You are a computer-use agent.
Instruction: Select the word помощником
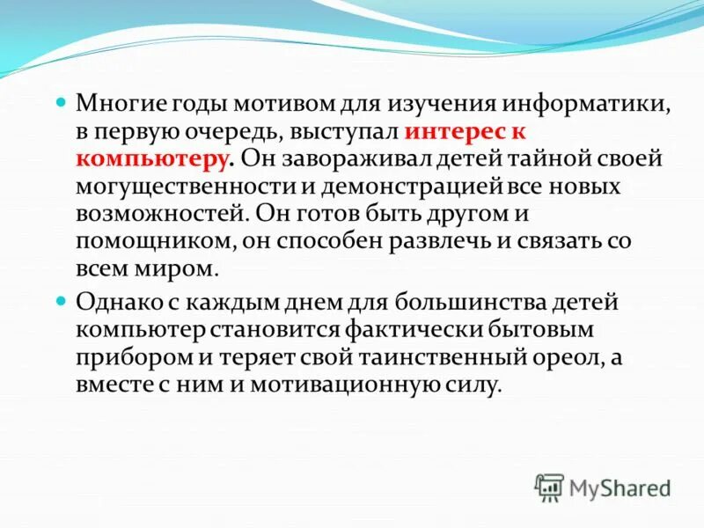point(142,242)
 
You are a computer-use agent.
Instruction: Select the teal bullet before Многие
point(61,104)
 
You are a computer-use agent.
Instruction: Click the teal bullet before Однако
point(61,303)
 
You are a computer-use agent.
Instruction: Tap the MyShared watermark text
point(620,487)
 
